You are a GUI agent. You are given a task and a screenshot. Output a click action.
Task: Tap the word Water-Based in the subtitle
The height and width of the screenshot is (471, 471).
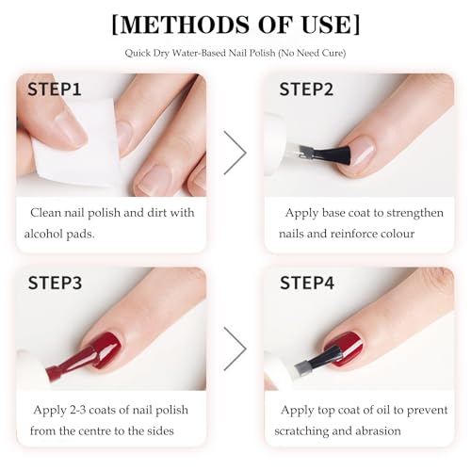tap(203, 53)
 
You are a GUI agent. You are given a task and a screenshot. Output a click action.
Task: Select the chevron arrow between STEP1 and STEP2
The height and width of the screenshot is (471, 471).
tap(235, 154)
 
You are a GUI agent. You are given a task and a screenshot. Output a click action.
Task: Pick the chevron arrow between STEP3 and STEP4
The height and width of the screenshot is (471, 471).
tap(235, 348)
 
